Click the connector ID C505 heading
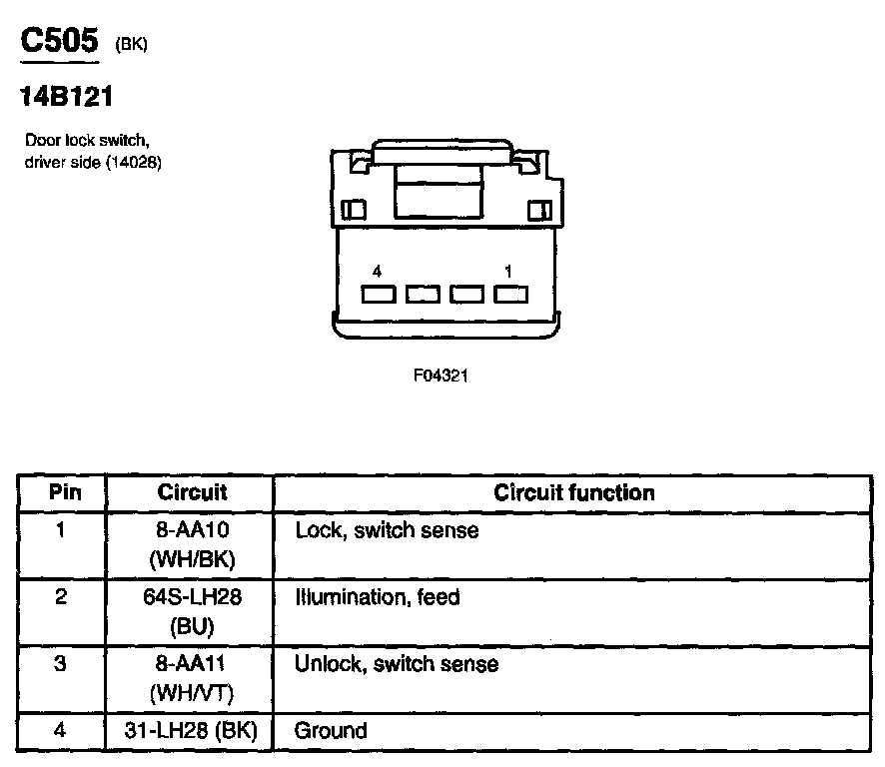pyautogui.click(x=60, y=41)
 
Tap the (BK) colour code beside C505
pyautogui.click(x=132, y=46)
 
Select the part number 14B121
pyautogui.click(x=65, y=98)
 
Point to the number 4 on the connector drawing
pyautogui.click(x=377, y=272)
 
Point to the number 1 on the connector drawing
pyautogui.click(x=508, y=272)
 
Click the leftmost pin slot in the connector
pyautogui.click(x=378, y=295)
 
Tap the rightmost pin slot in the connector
pyautogui.click(x=509, y=295)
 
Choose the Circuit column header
pyautogui.click(x=192, y=492)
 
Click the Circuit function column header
pyautogui.click(x=574, y=492)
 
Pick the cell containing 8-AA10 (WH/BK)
pyautogui.click(x=192, y=544)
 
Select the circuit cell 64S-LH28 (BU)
pyautogui.click(x=192, y=611)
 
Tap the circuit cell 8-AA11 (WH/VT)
pyautogui.click(x=192, y=677)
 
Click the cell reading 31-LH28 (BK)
pyautogui.click(x=192, y=731)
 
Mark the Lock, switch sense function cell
pyautogui.click(x=387, y=530)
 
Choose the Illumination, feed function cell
pyautogui.click(x=377, y=597)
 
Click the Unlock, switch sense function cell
pyautogui.click(x=396, y=664)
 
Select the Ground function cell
pyautogui.click(x=331, y=731)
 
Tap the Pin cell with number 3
pyautogui.click(x=61, y=664)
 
